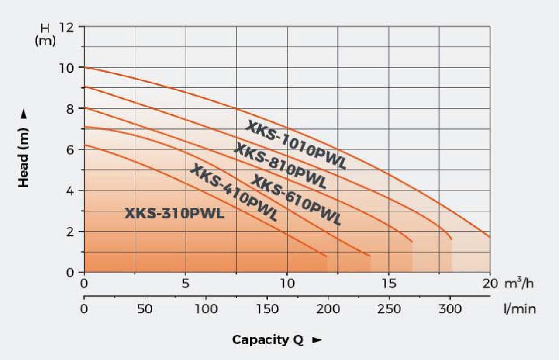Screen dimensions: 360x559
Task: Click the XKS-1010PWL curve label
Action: tap(296, 145)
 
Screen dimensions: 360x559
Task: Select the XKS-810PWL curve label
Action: tap(280, 166)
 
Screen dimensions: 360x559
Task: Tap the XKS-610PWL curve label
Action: tap(297, 201)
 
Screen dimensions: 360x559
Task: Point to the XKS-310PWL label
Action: tap(175, 214)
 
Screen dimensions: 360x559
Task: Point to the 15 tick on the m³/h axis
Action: tap(389, 284)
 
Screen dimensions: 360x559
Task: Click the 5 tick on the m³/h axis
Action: tap(186, 284)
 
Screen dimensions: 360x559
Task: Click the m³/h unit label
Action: tap(519, 284)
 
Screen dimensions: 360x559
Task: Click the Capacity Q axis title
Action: tap(268, 339)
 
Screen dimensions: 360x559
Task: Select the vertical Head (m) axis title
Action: tap(24, 157)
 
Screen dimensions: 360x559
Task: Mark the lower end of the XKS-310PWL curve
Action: tap(326, 256)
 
